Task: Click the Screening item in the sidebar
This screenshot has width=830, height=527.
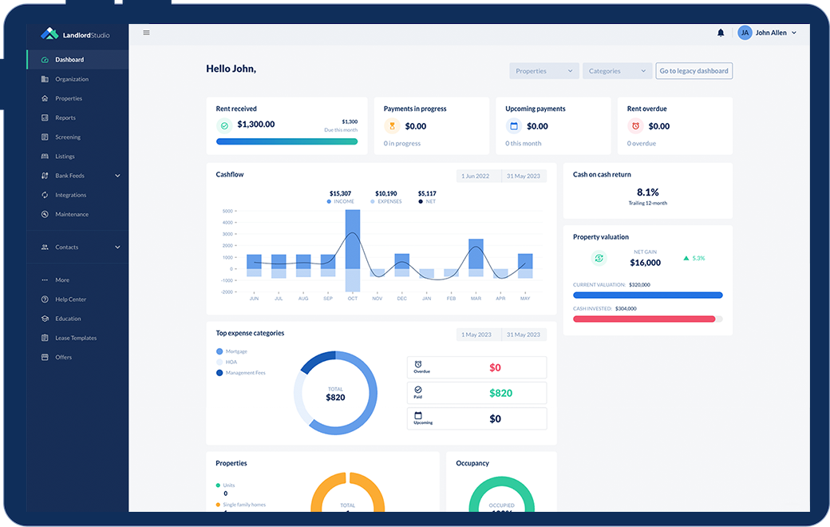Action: click(68, 137)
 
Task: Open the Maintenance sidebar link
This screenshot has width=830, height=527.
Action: click(72, 214)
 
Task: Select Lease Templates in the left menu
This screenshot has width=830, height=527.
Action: click(76, 338)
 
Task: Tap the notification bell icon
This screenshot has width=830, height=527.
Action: click(721, 33)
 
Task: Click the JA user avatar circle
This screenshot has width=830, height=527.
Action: click(745, 33)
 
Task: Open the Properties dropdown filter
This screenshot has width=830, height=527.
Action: click(544, 71)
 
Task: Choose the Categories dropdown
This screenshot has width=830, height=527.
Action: click(617, 71)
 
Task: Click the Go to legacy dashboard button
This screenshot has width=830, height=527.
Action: click(694, 71)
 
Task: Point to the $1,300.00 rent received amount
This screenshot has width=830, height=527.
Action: click(256, 125)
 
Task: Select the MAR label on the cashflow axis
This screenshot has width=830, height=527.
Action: click(476, 298)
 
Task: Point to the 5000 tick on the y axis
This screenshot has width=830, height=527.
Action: click(227, 211)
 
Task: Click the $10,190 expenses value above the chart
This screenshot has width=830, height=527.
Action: click(385, 193)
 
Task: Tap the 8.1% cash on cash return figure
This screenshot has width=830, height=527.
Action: click(647, 192)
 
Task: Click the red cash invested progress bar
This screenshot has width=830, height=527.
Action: click(644, 319)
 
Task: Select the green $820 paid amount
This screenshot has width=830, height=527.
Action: click(500, 393)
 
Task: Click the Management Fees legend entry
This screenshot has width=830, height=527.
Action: click(245, 373)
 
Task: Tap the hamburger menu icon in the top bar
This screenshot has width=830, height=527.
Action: click(146, 33)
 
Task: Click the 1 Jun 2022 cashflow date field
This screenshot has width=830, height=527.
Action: click(479, 176)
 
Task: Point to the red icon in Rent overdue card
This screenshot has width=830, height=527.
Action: click(635, 125)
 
